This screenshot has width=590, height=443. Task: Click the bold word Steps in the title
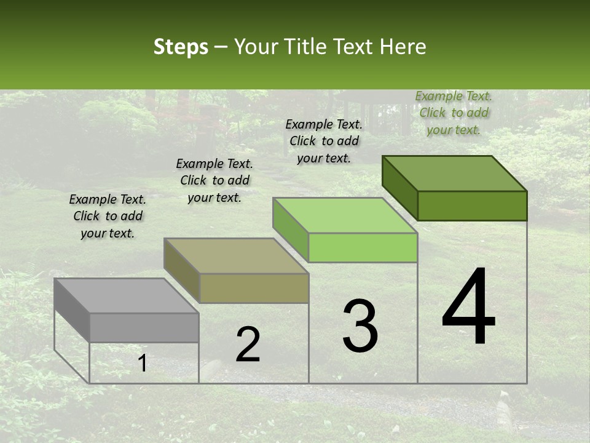pos(181,47)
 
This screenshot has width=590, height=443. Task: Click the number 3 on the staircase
pos(360,326)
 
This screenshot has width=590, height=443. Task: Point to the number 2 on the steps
pos(248,345)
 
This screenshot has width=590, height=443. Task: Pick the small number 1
pos(142,364)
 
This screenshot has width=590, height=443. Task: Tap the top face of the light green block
pos(345,215)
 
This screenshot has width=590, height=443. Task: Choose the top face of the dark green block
pos(454,173)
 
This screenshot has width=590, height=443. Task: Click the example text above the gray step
pos(108,216)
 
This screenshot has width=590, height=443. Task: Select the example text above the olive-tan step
pos(214,180)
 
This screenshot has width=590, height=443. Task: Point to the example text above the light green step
pos(324,141)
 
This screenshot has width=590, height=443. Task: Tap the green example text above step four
pos(454,113)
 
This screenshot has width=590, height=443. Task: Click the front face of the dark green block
pos(472,206)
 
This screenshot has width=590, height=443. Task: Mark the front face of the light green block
pos(363,248)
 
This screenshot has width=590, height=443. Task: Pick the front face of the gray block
pos(144,328)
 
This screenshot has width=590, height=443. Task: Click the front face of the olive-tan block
pos(254,288)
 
